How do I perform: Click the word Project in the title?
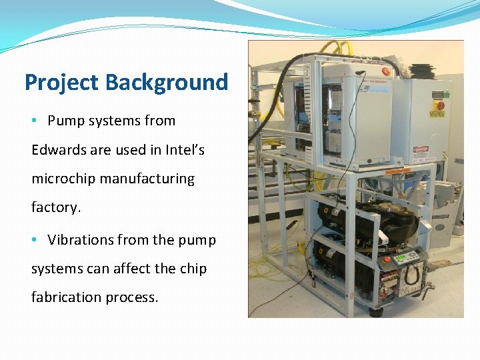[62, 83]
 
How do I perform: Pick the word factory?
[56, 207]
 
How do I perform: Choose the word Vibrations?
[82, 240]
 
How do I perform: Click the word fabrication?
[62, 297]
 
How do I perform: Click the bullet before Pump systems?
[35, 121]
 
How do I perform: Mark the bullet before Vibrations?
[35, 240]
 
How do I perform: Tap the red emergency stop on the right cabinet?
[439, 105]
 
